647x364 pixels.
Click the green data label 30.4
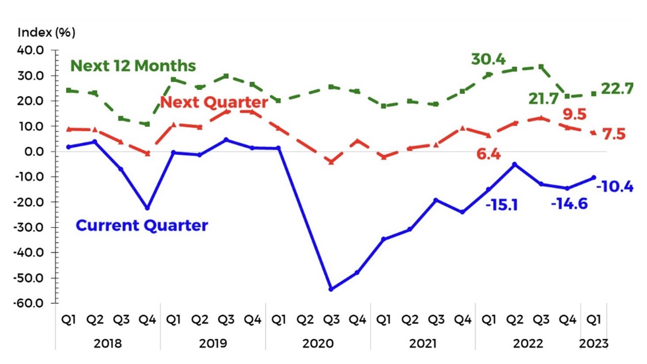(x=488, y=59)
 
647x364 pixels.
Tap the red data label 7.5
(x=614, y=134)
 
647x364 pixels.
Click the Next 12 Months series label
(x=133, y=66)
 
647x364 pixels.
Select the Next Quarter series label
(x=214, y=103)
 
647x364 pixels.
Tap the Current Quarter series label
(x=142, y=225)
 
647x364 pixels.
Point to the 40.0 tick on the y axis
(x=31, y=51)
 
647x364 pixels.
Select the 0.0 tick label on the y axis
(x=34, y=152)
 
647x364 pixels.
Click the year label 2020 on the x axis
(x=318, y=344)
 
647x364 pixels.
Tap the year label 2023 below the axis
(x=593, y=344)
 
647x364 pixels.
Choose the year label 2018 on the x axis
(x=108, y=344)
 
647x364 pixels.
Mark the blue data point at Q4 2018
(x=148, y=208)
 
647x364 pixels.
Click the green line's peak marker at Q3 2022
(x=541, y=67)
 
